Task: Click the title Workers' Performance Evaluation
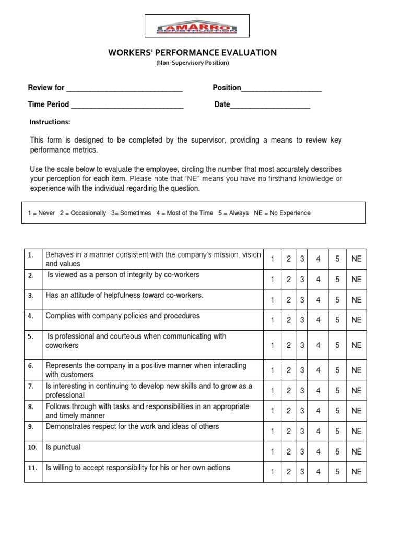[192, 53]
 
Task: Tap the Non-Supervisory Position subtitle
[193, 63]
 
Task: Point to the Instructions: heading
[50, 122]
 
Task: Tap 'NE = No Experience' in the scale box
[282, 213]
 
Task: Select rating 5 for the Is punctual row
[337, 452]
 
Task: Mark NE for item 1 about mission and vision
[356, 259]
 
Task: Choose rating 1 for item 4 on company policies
[272, 320]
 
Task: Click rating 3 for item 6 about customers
[302, 370]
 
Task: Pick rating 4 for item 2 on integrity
[317, 280]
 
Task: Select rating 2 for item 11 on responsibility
[288, 472]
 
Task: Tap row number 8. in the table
[31, 406]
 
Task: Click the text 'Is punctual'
[63, 447]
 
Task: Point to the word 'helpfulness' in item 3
[116, 295]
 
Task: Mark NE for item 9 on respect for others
[356, 432]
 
